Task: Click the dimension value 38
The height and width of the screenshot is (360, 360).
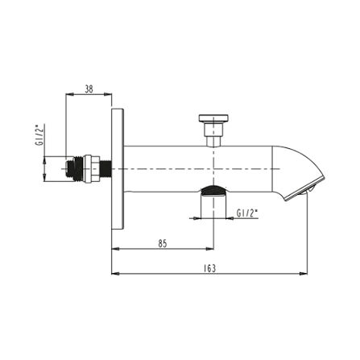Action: pyautogui.click(x=89, y=89)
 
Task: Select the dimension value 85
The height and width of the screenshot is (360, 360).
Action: pyautogui.click(x=163, y=244)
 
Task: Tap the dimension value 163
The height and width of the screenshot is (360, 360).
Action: pyautogui.click(x=209, y=268)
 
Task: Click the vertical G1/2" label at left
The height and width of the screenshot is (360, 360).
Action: pyautogui.click(x=39, y=135)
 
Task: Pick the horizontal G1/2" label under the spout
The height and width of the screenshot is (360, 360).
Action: pyautogui.click(x=247, y=213)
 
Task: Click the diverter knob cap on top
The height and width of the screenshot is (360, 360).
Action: pyautogui.click(x=213, y=118)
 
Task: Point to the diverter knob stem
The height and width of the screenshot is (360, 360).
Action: pyautogui.click(x=213, y=134)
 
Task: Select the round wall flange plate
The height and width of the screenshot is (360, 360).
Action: pyautogui.click(x=118, y=169)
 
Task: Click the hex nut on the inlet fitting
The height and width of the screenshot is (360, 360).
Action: pyautogui.click(x=91, y=169)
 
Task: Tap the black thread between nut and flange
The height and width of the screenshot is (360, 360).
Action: pyautogui.click(x=106, y=169)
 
